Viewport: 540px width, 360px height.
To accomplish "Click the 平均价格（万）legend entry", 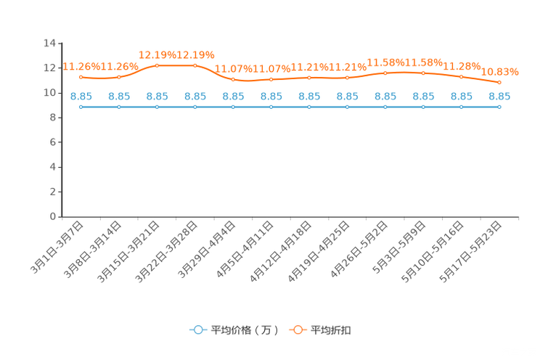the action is point(234,330).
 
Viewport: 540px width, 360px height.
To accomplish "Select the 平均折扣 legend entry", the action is point(320,330).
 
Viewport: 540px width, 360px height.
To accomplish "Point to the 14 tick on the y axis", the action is point(49,43).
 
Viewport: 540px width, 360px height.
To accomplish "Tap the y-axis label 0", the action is point(53,217).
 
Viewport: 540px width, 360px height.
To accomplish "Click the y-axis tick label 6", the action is point(53,142).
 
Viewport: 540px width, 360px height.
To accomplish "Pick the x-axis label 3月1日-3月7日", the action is point(57,247).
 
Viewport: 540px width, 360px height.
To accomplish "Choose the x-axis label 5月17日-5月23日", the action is point(470,252).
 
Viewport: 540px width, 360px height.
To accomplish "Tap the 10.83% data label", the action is point(499,72).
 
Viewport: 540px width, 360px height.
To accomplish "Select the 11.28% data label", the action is point(462,66).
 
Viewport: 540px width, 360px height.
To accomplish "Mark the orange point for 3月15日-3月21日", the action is point(157,65).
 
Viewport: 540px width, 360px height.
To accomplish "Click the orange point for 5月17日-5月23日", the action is point(499,82).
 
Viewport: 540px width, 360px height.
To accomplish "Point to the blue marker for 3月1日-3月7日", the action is point(81,107).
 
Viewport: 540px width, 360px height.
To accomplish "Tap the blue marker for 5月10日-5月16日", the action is point(462,107).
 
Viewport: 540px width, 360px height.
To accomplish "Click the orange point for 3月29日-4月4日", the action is point(233,80).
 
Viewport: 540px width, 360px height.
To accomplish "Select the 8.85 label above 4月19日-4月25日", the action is point(347,97).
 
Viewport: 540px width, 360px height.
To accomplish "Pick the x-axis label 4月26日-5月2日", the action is point(359,250).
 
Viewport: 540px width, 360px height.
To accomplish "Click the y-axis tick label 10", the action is point(49,93).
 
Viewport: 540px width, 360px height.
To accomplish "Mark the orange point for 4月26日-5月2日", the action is point(385,73).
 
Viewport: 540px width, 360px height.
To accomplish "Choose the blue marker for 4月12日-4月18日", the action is point(309,107).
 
